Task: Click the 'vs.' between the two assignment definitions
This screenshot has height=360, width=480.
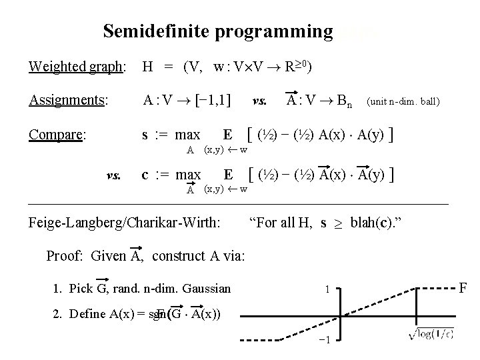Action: (x=261, y=101)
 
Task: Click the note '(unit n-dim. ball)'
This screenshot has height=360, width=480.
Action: (x=403, y=102)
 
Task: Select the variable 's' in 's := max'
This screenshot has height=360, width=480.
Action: (x=145, y=134)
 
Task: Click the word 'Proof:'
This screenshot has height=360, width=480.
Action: (x=66, y=256)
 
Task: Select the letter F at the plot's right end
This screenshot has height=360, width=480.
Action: (x=464, y=287)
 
